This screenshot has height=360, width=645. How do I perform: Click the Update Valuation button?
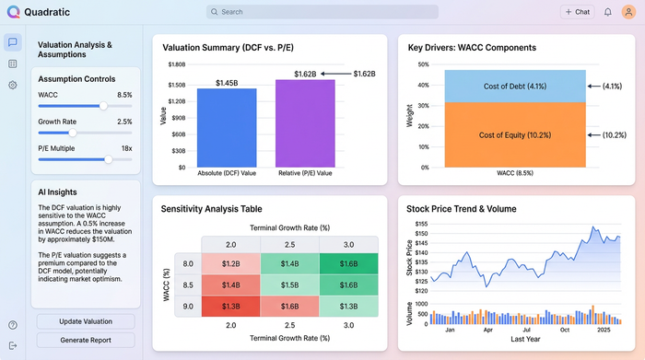(x=86, y=321)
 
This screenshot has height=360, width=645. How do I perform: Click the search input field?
(x=322, y=12)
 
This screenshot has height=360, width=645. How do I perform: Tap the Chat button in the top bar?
(x=578, y=12)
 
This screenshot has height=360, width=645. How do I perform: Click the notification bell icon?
(x=608, y=12)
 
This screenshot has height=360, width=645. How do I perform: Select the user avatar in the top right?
(x=629, y=12)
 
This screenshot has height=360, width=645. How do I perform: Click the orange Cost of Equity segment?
(x=515, y=134)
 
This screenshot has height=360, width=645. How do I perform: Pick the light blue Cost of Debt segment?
(x=515, y=86)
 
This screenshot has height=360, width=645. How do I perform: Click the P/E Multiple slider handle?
(x=109, y=159)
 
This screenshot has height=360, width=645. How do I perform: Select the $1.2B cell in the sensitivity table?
(x=231, y=263)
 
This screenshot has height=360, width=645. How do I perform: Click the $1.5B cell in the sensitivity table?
(x=289, y=285)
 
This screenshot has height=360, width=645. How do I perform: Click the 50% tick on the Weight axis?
(x=424, y=64)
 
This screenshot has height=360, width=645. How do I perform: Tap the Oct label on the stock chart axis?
(x=565, y=329)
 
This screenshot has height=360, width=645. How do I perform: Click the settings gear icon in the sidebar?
(x=13, y=85)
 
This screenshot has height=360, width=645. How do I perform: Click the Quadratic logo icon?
(x=12, y=12)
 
